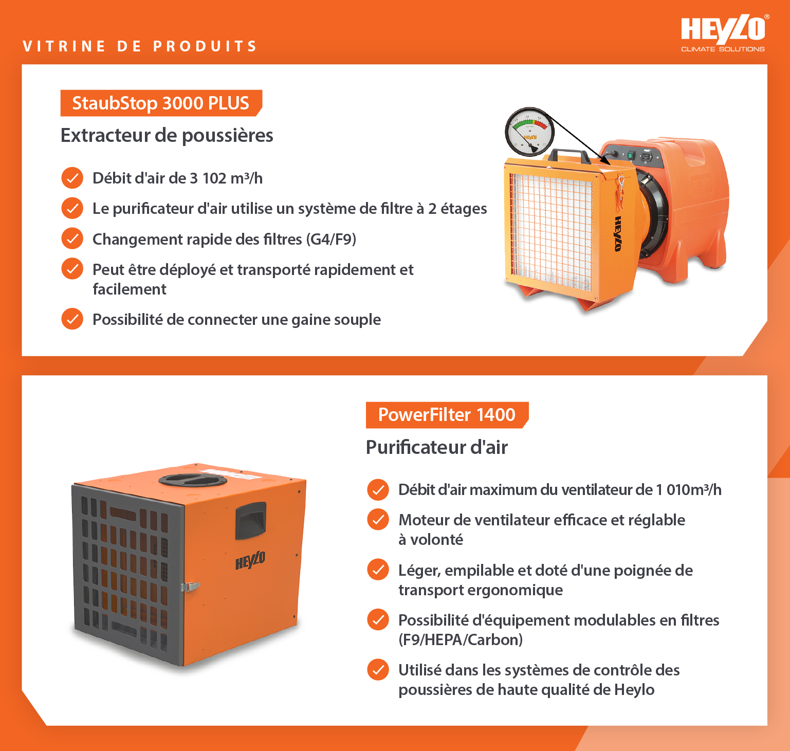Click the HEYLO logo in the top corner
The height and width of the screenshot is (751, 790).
(x=723, y=32)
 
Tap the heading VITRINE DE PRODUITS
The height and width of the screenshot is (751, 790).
(x=140, y=46)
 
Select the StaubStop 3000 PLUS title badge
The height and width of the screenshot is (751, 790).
(x=160, y=103)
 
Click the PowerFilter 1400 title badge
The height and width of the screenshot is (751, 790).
(x=446, y=414)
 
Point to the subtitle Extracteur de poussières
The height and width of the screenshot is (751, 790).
(x=167, y=135)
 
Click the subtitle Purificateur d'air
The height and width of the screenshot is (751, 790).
(x=436, y=447)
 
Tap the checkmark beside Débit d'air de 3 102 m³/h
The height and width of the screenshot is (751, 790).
(x=72, y=178)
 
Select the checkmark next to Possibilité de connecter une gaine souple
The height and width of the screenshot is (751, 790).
(x=72, y=319)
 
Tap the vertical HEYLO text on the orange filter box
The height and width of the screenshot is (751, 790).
(x=618, y=233)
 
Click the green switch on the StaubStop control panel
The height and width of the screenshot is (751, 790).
(x=630, y=155)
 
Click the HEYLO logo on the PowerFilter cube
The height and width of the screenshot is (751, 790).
(x=250, y=560)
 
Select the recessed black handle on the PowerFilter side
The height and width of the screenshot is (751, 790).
(x=250, y=520)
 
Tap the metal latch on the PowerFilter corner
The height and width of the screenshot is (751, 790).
(x=189, y=587)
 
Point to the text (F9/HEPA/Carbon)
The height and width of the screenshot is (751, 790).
(x=461, y=639)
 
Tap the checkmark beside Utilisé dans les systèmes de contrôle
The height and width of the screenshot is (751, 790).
(x=378, y=669)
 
